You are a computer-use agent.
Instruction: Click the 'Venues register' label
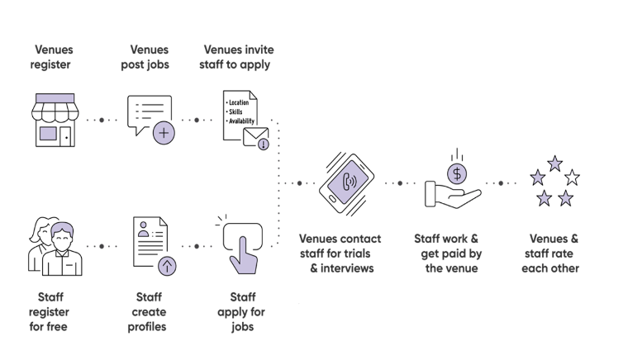(x=54, y=57)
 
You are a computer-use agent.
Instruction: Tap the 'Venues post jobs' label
(x=150, y=57)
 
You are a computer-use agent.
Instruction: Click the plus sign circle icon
(x=164, y=132)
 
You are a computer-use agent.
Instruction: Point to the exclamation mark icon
(x=263, y=144)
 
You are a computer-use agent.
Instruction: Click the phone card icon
(x=348, y=182)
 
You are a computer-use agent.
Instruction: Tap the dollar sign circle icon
(x=457, y=174)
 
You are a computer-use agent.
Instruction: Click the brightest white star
(x=572, y=178)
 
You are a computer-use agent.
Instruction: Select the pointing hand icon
(x=242, y=255)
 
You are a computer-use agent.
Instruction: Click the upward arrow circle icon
(x=167, y=266)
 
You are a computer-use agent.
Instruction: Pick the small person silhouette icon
(x=143, y=229)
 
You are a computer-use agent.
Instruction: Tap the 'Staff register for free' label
(x=51, y=311)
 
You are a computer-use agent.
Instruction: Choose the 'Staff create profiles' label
(x=150, y=311)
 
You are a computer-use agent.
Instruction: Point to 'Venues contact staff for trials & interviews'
(x=340, y=253)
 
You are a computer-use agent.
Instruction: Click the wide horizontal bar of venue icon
(x=55, y=98)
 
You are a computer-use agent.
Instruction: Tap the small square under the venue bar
(x=49, y=133)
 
